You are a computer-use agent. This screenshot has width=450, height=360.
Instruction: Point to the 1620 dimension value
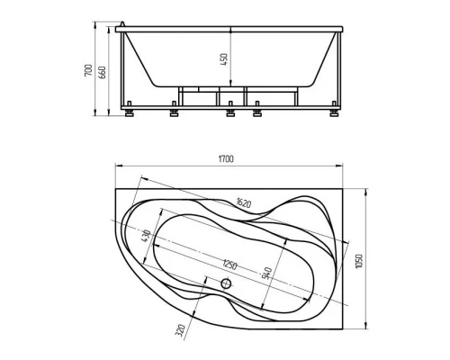point(242,202)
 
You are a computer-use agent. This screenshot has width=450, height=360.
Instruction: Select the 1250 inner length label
point(230,264)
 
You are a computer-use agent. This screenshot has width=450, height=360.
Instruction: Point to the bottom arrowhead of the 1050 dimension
point(366,325)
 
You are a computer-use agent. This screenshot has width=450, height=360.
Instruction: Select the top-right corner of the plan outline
point(345,189)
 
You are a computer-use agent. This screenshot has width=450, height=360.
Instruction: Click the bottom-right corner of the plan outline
point(345,326)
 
